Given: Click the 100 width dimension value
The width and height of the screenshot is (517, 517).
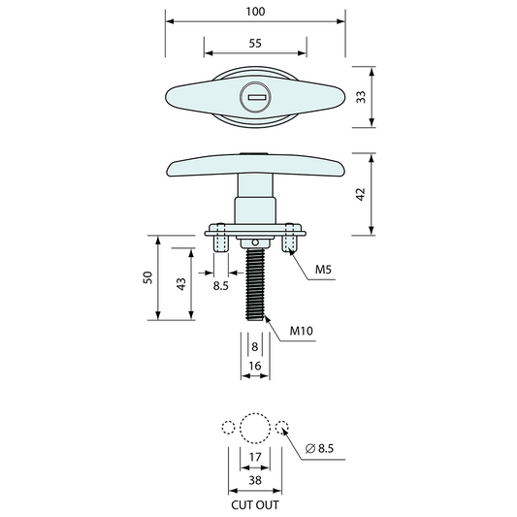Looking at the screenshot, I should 256,11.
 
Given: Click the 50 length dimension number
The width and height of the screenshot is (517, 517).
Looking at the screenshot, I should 147,277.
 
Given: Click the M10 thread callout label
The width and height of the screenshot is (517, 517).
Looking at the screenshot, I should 302,332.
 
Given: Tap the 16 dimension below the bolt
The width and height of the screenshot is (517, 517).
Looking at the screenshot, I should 255,365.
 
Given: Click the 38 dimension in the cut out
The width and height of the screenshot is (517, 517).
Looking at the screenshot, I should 255,480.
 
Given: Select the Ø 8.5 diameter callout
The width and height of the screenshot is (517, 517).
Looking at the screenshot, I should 319,448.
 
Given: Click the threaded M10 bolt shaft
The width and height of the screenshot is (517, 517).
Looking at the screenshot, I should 255,286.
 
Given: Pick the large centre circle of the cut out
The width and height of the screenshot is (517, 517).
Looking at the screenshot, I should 255,428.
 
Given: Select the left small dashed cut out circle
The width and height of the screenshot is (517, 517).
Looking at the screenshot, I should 228,428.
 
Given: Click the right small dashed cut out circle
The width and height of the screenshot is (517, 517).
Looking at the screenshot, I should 282,428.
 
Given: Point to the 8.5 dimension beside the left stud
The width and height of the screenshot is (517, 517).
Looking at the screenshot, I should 221,287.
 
